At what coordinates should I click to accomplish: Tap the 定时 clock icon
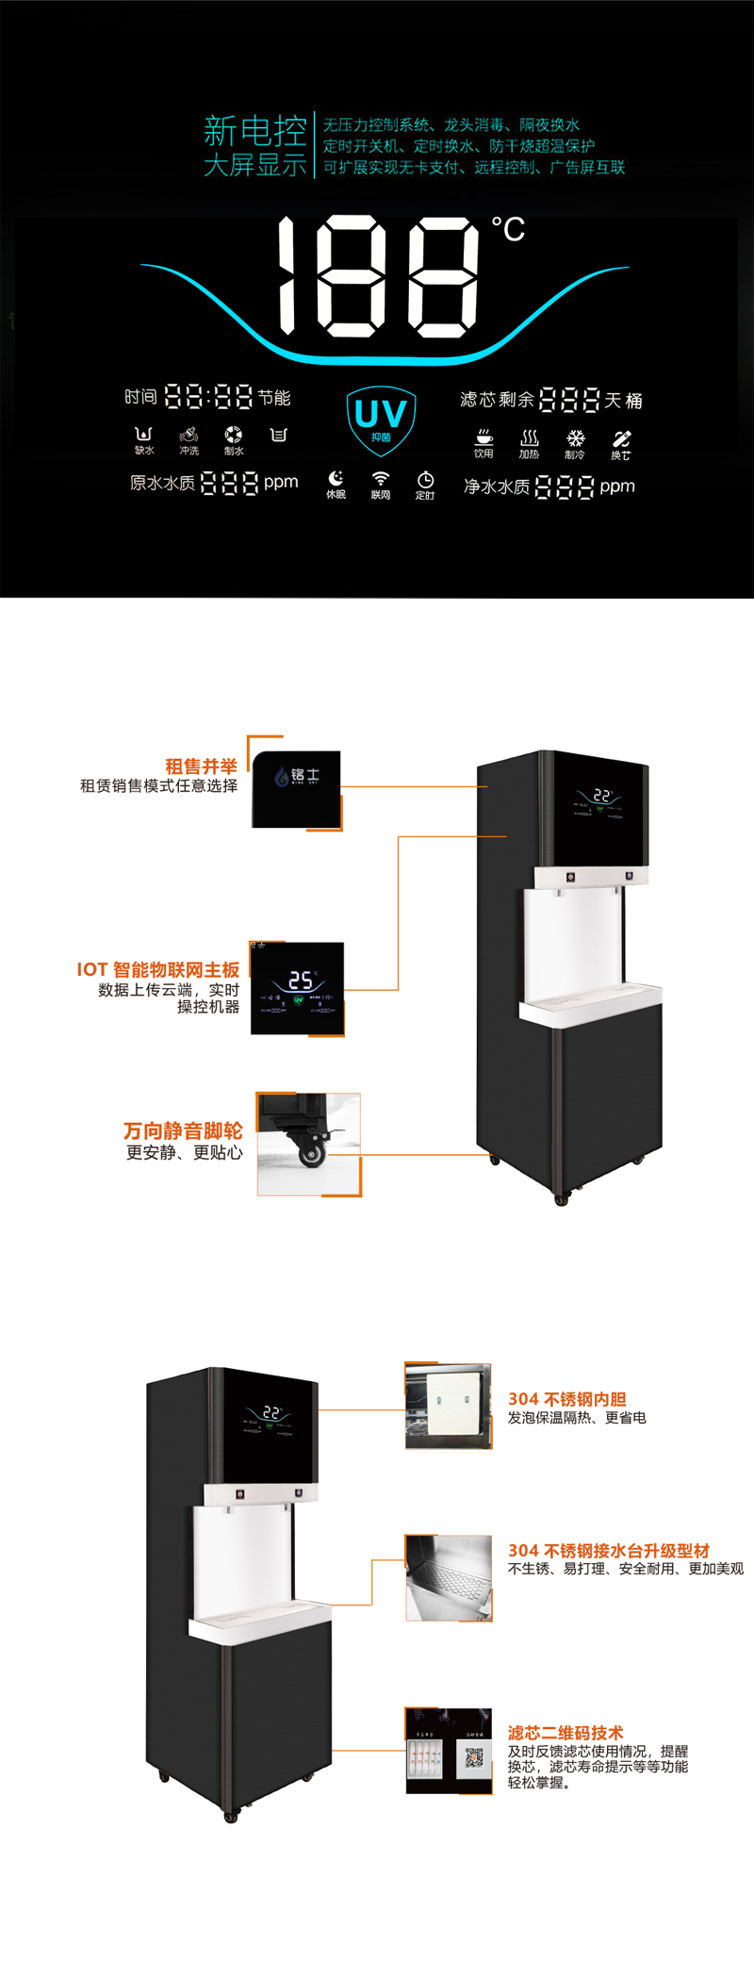425,480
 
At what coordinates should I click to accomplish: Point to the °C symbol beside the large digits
508,229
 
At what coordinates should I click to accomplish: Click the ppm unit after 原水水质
281,482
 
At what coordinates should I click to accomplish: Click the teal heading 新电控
255,129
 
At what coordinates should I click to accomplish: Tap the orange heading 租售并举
201,766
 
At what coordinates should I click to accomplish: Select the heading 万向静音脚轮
183,1130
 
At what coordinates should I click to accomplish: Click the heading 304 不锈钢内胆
566,1399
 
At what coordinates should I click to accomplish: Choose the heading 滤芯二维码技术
565,1733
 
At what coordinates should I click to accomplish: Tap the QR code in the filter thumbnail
474,1756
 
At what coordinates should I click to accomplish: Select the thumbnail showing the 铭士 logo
296,789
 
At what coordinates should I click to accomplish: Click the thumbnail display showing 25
298,988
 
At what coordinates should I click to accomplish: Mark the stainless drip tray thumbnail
449,1578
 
